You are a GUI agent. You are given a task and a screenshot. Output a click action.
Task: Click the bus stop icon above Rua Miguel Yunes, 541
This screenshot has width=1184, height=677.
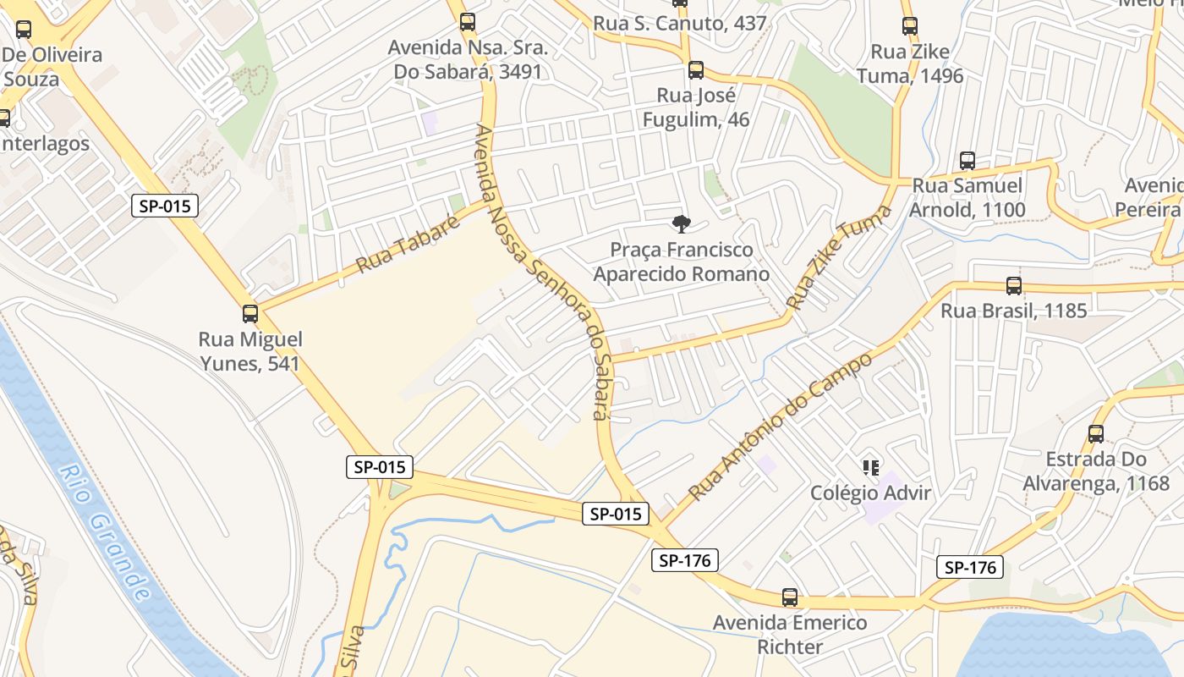pyautogui.click(x=250, y=314)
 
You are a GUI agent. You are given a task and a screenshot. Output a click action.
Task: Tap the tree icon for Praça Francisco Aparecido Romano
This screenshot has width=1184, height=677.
pyautogui.click(x=681, y=224)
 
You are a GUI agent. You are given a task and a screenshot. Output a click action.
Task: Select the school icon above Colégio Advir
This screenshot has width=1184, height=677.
pyautogui.click(x=871, y=467)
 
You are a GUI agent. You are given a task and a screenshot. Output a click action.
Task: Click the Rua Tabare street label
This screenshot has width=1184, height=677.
pyautogui.click(x=408, y=245)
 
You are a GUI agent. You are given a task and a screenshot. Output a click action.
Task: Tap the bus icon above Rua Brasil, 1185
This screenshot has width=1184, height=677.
pyautogui.click(x=1014, y=286)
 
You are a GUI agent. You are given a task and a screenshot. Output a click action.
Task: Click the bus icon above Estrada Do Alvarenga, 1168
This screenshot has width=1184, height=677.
pyautogui.click(x=1096, y=434)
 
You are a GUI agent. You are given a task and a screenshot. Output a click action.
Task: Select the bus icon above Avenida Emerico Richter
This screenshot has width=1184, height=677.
pyautogui.click(x=790, y=597)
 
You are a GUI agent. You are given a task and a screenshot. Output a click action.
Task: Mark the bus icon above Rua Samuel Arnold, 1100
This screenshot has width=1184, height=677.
pyautogui.click(x=967, y=161)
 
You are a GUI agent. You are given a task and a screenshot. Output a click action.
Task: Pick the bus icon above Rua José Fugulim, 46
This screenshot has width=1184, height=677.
pyautogui.click(x=696, y=70)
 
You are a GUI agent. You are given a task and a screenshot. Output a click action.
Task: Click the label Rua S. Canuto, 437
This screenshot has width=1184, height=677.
pyautogui.click(x=680, y=24)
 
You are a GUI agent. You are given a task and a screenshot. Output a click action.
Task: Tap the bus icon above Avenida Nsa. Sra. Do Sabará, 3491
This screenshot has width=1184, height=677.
pyautogui.click(x=468, y=22)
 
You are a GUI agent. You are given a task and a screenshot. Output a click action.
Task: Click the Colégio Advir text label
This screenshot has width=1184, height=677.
pyautogui.click(x=870, y=493)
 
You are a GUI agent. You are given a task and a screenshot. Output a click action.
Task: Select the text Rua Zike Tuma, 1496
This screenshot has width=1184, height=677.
pyautogui.click(x=910, y=63)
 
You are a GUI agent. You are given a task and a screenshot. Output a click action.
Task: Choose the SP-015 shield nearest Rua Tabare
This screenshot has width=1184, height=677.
pyautogui.click(x=165, y=206)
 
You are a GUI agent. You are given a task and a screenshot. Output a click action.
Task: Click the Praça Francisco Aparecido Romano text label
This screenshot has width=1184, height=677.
pyautogui.click(x=682, y=262)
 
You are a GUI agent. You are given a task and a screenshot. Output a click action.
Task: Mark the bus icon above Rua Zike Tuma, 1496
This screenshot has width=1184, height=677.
pyautogui.click(x=910, y=26)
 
